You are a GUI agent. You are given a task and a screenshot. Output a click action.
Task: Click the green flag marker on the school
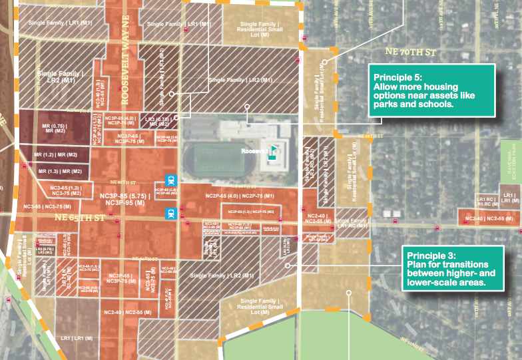coord(272,150)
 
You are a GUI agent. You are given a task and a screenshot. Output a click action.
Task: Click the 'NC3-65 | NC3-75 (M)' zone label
coord(48,188)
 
